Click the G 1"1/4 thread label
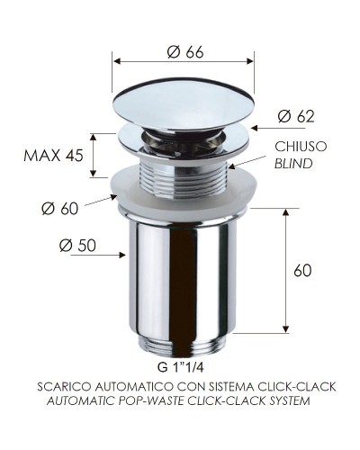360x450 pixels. coord(183,368)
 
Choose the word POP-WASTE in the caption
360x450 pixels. coord(160,400)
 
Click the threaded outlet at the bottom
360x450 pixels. coord(184,343)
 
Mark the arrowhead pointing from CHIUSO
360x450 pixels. coord(230,166)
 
